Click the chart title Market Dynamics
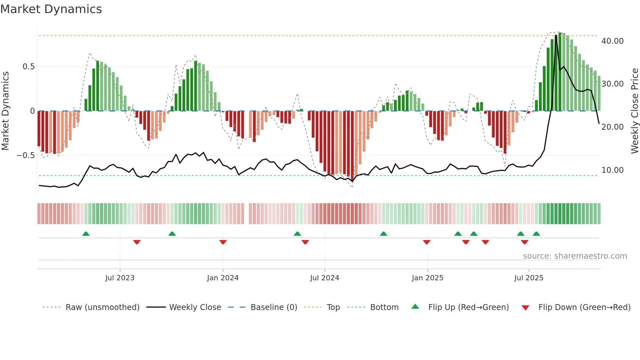click(x=51, y=9)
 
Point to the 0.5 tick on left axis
click(x=28, y=67)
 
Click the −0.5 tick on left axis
click(x=26, y=155)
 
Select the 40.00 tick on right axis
click(x=612, y=41)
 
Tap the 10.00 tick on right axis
click(x=612, y=170)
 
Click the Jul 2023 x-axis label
click(x=120, y=278)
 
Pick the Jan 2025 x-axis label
click(x=427, y=278)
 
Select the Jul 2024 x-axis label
click(x=325, y=278)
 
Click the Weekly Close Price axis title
click(x=634, y=111)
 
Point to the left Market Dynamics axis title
click(x=5, y=111)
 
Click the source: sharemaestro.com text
click(x=575, y=256)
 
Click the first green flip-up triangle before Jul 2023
click(x=86, y=234)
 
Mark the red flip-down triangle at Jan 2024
click(x=223, y=242)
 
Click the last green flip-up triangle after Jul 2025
click(x=536, y=234)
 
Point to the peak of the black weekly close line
click(x=556, y=35)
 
